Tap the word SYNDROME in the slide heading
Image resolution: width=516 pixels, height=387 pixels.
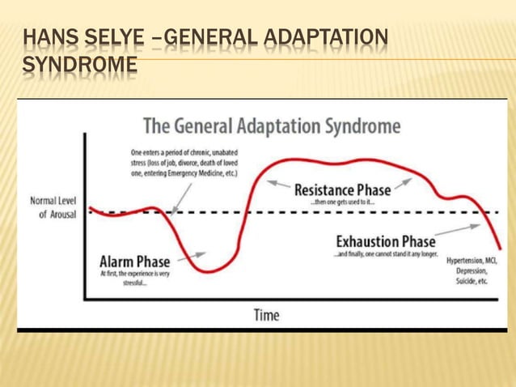[79, 66]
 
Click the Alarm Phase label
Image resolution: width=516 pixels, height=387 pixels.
[134, 262]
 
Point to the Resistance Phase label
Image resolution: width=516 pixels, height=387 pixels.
[342, 190]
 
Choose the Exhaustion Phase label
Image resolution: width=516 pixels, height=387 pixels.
[385, 241]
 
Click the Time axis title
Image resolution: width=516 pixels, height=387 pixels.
[267, 314]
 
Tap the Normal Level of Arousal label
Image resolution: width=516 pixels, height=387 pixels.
[54, 207]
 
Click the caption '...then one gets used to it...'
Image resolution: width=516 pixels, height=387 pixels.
[342, 203]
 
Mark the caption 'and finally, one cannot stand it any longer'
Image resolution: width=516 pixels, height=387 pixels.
[385, 254]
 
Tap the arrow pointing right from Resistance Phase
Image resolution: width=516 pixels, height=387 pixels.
[404, 183]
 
